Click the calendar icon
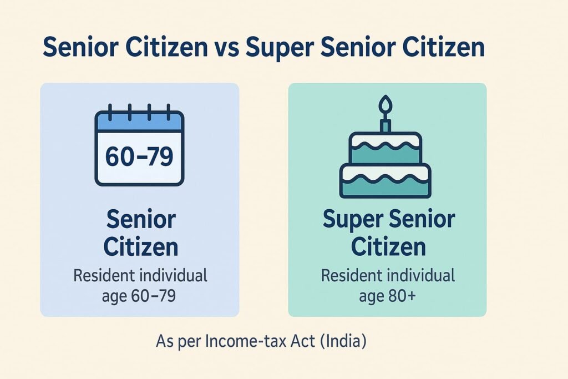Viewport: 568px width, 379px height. click(139, 145)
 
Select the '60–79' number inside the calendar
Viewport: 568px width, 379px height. click(139, 156)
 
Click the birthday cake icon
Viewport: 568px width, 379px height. click(386, 146)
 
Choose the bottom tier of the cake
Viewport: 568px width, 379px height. click(386, 181)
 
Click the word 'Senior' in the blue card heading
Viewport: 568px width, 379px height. click(141, 220)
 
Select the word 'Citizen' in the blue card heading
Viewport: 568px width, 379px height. click(140, 246)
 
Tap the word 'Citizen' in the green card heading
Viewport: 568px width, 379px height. click(388, 246)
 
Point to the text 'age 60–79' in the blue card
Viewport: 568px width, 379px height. click(139, 296)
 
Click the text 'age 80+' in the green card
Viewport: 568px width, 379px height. click(388, 296)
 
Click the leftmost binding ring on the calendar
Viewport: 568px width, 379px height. click(110, 112)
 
